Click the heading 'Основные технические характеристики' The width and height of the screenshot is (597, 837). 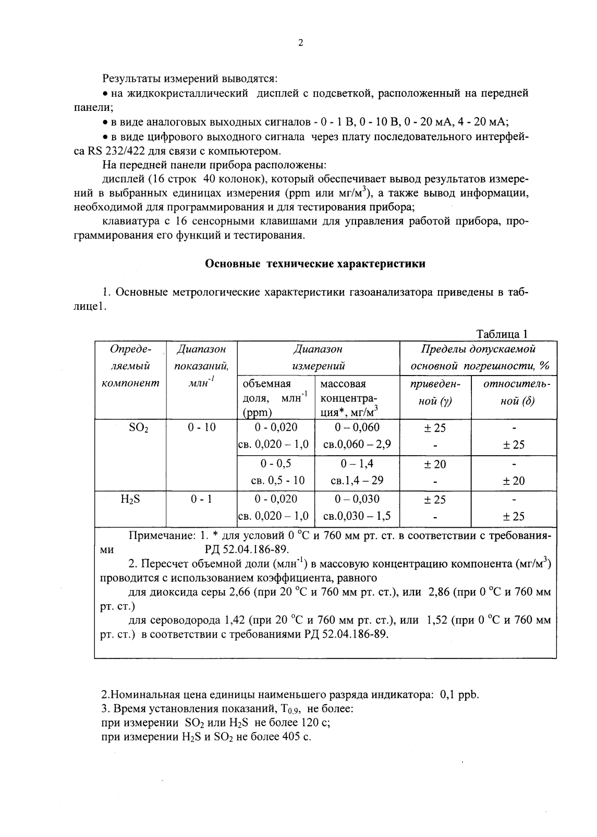[x=315, y=264]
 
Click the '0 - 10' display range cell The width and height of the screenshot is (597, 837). [x=202, y=428]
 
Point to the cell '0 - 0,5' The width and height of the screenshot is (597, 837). [x=276, y=464]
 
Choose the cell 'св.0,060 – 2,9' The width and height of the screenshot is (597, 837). [x=357, y=445]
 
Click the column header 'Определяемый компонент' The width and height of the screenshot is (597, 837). [x=129, y=366]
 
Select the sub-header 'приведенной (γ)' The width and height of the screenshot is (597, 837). [x=435, y=393]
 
